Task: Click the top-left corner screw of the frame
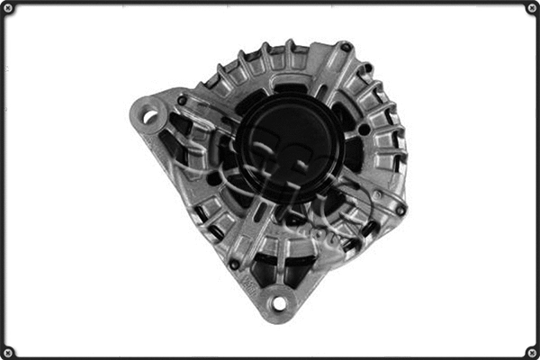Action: click(x=8, y=8)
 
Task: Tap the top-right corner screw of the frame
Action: click(x=531, y=8)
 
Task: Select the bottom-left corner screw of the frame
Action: click(x=8, y=351)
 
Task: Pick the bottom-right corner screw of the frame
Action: click(x=531, y=351)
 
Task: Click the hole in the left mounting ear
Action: click(x=149, y=115)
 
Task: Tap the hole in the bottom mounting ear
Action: click(x=278, y=303)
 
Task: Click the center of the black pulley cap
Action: click(x=287, y=145)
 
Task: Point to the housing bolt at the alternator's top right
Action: click(x=345, y=47)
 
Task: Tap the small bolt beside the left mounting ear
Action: click(x=182, y=101)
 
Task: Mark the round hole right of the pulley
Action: click(x=364, y=130)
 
